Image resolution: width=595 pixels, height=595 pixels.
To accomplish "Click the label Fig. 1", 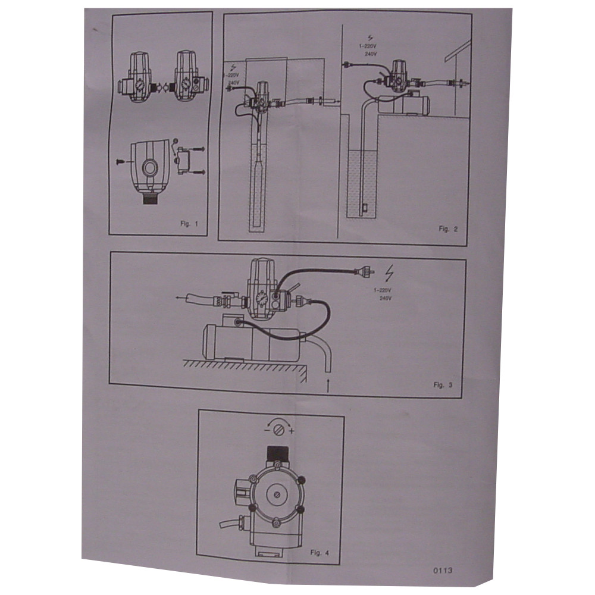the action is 189,224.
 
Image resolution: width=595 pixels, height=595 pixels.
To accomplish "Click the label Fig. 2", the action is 448,229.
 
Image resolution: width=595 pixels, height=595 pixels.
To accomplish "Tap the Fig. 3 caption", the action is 443,385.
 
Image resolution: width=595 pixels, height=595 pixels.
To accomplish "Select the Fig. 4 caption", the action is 320,553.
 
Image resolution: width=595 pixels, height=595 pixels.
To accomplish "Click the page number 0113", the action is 443,571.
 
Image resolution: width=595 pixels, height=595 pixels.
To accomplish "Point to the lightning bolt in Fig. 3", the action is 389,273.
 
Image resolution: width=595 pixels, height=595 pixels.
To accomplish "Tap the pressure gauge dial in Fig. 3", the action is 261,299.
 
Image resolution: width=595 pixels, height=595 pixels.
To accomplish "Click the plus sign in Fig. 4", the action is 292,431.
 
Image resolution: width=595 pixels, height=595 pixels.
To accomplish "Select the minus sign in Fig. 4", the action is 267,430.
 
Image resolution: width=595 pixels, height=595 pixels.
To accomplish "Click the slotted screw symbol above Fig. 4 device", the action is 279,431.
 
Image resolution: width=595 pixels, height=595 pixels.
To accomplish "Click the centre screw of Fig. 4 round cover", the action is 277,495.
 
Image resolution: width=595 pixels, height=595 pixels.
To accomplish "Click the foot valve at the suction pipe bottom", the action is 364,208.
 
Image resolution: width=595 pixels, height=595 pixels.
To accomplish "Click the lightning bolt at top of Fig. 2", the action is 370,37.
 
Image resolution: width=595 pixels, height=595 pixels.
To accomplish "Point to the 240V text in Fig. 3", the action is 386,298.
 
